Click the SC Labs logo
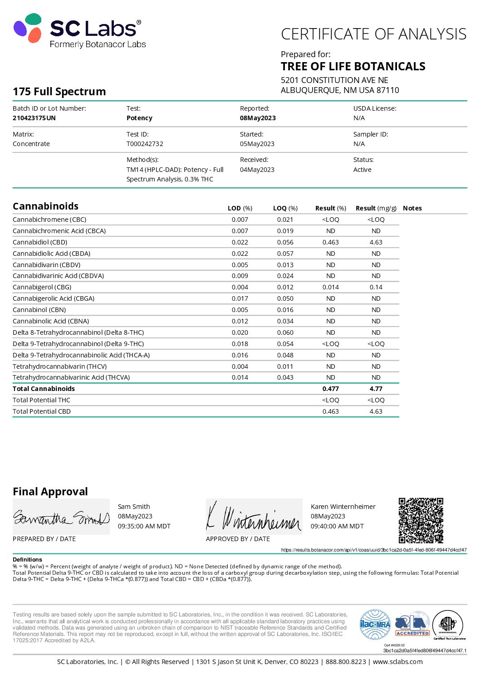(x=79, y=31)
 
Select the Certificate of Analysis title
(x=373, y=34)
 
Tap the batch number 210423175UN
(x=34, y=118)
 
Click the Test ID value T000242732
(x=145, y=144)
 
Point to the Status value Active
(x=362, y=170)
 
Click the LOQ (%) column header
(x=285, y=208)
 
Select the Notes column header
(x=412, y=208)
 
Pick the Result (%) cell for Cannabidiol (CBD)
(x=330, y=242)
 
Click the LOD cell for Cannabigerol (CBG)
(x=240, y=287)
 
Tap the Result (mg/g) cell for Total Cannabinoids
(x=376, y=389)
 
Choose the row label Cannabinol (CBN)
(x=39, y=310)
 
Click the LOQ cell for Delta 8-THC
(x=285, y=332)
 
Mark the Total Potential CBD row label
(x=42, y=411)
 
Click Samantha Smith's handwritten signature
(x=61, y=518)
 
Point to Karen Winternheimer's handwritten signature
(x=254, y=517)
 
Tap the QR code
(x=421, y=520)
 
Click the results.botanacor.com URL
(x=373, y=550)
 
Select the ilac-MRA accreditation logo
(x=375, y=624)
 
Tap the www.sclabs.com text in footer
(x=397, y=662)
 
